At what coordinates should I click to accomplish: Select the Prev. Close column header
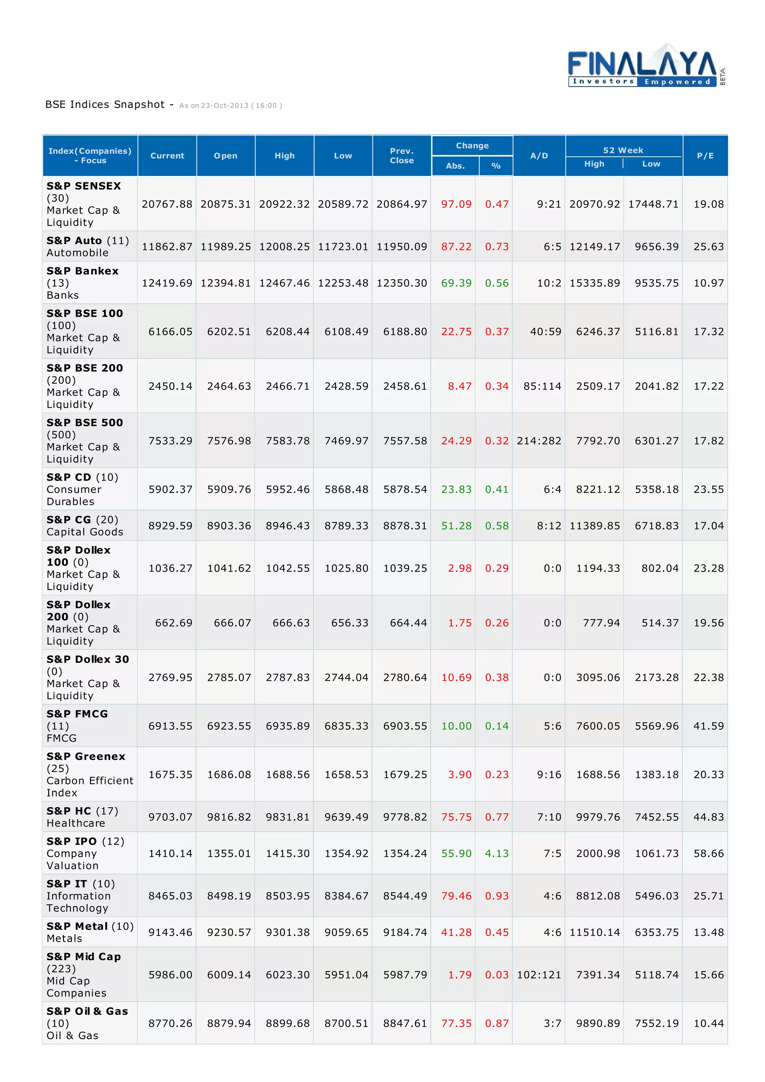[402, 156]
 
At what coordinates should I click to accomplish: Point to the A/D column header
[539, 156]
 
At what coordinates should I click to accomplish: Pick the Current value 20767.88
[167, 204]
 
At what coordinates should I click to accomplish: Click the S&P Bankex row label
[83, 271]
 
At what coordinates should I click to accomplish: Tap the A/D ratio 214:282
[539, 441]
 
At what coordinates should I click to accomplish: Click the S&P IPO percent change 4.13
[496, 854]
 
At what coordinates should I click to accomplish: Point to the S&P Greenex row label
[86, 756]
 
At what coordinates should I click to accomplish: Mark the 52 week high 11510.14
[594, 932]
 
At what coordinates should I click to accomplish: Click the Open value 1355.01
[229, 854]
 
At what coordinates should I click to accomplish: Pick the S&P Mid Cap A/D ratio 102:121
[539, 974]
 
